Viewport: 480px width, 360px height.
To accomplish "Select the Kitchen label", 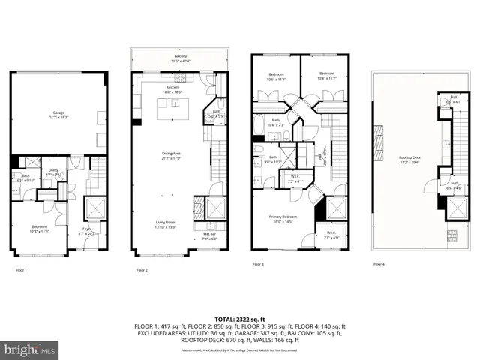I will point(172,88).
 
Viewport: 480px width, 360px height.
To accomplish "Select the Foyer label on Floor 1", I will point(88,231).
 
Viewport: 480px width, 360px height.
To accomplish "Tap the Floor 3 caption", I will point(258,264).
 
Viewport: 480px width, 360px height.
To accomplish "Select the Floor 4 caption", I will point(379,264).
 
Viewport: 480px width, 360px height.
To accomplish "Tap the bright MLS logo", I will point(28,349).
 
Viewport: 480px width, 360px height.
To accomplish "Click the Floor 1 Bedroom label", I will point(39,229).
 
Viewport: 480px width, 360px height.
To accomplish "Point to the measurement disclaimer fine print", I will point(239,349).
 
